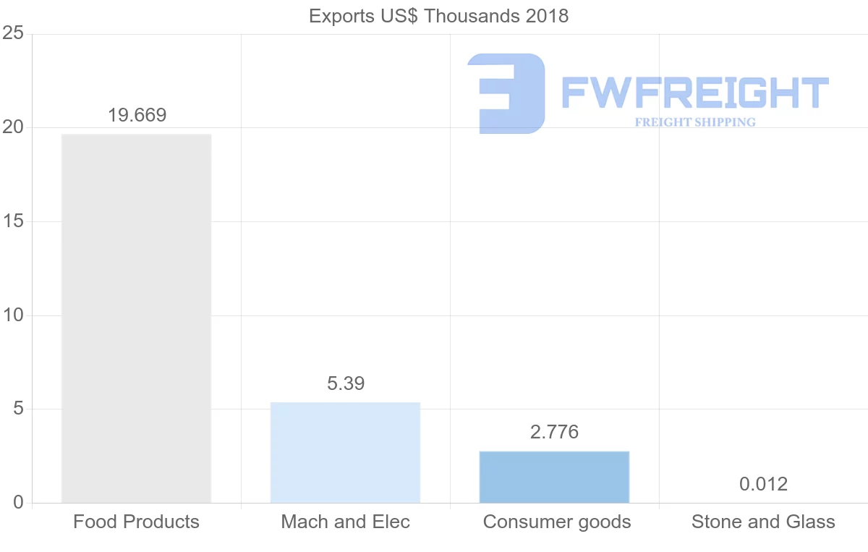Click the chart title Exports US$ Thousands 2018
[x=438, y=16]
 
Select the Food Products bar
[x=136, y=318]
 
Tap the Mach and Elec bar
[x=345, y=452]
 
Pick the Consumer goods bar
[x=554, y=477]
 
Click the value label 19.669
[x=137, y=115]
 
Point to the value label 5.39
[x=346, y=383]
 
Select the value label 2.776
[x=554, y=432]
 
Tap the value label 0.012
[x=763, y=483]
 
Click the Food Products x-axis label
[x=136, y=522]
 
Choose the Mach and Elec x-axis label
[x=345, y=522]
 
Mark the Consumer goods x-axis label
[x=557, y=522]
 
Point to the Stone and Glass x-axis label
[x=763, y=522]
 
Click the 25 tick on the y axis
[x=13, y=34]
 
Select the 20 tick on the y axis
[x=13, y=128]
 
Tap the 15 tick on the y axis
[x=13, y=221]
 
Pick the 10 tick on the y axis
[x=13, y=315]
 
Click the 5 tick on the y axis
[x=17, y=409]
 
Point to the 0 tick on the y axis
[x=17, y=503]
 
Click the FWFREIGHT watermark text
[x=694, y=93]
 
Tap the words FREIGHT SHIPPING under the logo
[x=695, y=122]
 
